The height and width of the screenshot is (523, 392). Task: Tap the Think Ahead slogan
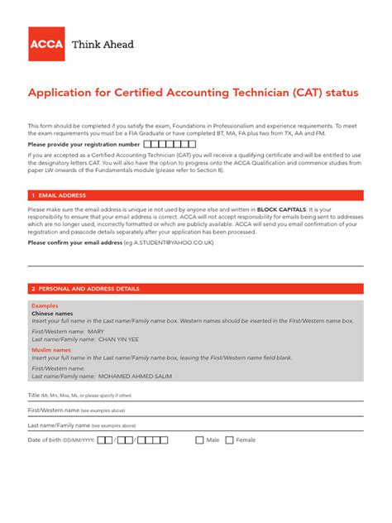coord(103,45)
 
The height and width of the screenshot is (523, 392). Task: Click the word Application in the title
coord(59,94)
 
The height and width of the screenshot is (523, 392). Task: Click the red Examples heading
coord(45,305)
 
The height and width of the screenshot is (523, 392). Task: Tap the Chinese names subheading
coord(52,314)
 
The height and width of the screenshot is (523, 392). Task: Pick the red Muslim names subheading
coord(51,350)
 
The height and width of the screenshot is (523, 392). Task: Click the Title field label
coord(34,396)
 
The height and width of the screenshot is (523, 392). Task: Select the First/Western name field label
coord(54,410)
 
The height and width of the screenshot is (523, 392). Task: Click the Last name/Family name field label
coord(59,425)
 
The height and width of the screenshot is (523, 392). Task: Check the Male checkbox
coord(199,440)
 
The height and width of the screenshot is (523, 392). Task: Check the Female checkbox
coord(230,440)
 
